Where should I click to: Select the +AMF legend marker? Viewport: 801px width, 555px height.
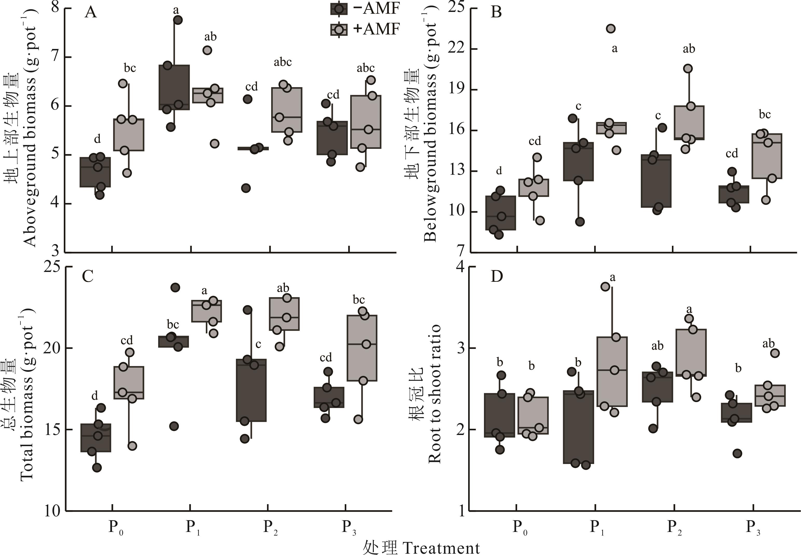click(339, 30)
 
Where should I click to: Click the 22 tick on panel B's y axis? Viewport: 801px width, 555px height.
click(456, 48)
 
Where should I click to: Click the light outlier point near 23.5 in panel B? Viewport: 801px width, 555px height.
click(611, 29)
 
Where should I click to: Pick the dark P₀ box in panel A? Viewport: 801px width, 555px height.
click(95, 172)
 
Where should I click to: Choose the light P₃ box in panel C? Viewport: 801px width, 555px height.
click(362, 348)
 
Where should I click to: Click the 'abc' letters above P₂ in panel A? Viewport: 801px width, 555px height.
click(282, 62)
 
